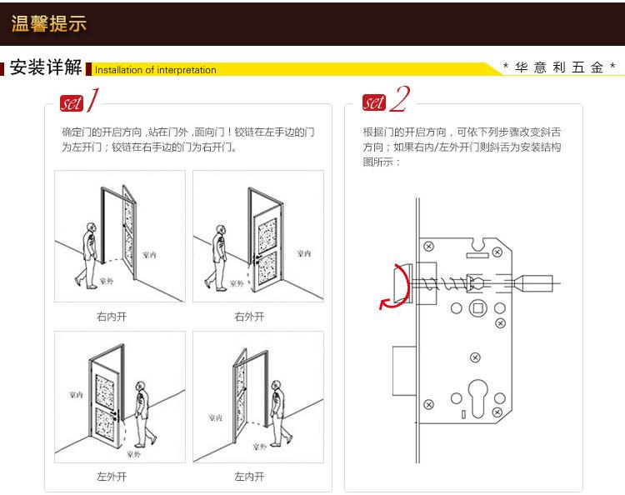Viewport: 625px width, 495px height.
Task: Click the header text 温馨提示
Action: click(x=48, y=23)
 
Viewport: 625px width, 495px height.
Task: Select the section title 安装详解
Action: click(x=46, y=68)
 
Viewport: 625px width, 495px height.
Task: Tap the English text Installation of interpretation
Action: click(x=156, y=70)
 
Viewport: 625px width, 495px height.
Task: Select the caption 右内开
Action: click(x=112, y=317)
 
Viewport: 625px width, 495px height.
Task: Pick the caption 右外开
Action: click(x=249, y=317)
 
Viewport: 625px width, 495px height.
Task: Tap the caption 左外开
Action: click(x=112, y=477)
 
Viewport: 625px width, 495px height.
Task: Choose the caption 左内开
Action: click(x=249, y=477)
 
